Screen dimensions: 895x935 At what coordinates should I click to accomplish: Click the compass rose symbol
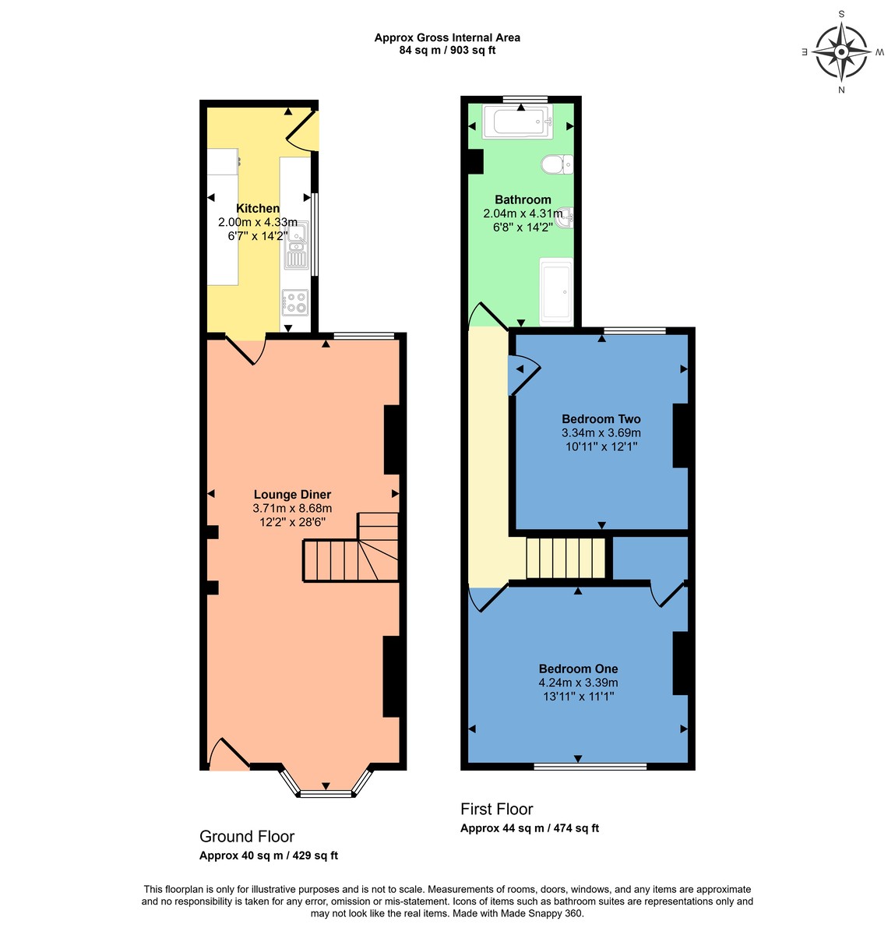pyautogui.click(x=840, y=52)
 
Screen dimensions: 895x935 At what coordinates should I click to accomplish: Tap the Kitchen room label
pyautogui.click(x=258, y=209)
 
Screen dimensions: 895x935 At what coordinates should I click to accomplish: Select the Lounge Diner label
pyautogui.click(x=292, y=495)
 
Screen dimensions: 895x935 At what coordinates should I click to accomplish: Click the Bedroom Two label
pyautogui.click(x=601, y=419)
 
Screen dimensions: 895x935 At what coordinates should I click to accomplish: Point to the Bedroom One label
pyautogui.click(x=578, y=669)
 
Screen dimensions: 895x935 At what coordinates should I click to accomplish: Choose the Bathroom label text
pyautogui.click(x=523, y=200)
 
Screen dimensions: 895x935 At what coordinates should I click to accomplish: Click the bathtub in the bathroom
pyautogui.click(x=517, y=122)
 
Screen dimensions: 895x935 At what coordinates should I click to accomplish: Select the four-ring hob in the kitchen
pyautogui.click(x=295, y=302)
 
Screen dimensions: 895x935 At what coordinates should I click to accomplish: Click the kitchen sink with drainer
pyautogui.click(x=297, y=245)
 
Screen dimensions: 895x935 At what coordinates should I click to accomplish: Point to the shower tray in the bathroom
pyautogui.click(x=556, y=292)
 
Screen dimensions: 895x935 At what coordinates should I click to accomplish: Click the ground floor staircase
pyautogui.click(x=351, y=547)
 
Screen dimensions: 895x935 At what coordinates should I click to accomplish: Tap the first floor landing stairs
pyautogui.click(x=565, y=558)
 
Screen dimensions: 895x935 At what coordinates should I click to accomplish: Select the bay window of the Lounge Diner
pyautogui.click(x=326, y=782)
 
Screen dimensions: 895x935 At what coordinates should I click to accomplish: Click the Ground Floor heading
pyautogui.click(x=246, y=837)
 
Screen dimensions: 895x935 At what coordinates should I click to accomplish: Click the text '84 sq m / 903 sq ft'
pyautogui.click(x=447, y=50)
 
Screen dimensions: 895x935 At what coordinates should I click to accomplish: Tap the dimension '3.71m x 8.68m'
pyautogui.click(x=292, y=508)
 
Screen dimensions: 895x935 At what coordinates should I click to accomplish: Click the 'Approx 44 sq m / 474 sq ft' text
pyautogui.click(x=530, y=828)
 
